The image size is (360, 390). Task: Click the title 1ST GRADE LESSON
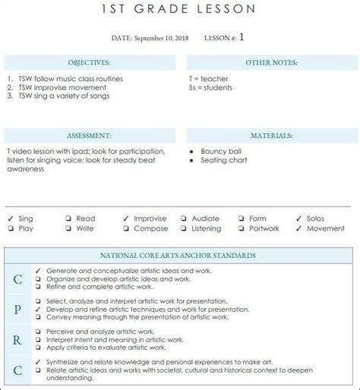[179, 9]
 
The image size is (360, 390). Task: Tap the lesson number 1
[242, 36]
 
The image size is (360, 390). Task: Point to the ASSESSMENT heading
[90, 135]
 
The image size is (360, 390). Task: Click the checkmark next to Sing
[9, 219]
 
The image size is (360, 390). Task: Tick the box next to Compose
[125, 228]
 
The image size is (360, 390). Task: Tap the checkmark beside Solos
[298, 219]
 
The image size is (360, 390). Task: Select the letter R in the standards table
[17, 338]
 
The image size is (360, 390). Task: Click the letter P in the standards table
[17, 309]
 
